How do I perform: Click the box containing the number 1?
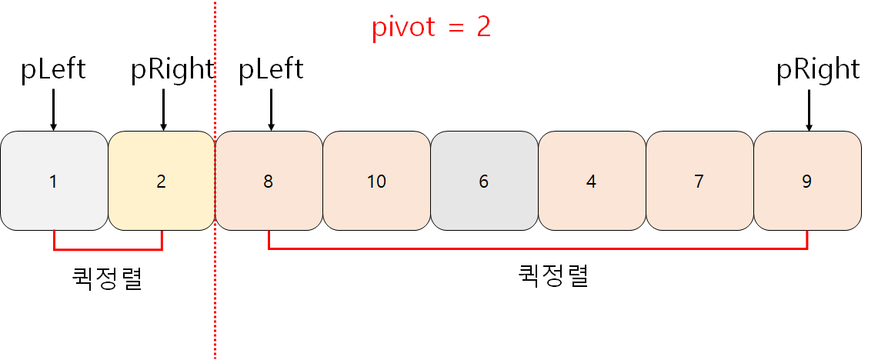tap(53, 182)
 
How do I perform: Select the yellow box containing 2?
tap(161, 182)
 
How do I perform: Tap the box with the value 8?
tap(269, 182)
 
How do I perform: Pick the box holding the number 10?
tap(376, 182)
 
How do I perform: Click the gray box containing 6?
tap(484, 182)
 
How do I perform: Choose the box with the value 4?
tap(591, 182)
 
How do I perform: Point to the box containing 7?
tap(699, 182)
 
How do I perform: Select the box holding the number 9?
tap(806, 182)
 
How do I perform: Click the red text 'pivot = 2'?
tap(431, 28)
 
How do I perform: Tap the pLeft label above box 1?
tap(53, 70)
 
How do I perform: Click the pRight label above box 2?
tap(172, 70)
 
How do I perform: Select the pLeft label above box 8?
tap(271, 70)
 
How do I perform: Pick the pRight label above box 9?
tap(817, 70)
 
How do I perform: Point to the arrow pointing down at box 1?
tap(53, 109)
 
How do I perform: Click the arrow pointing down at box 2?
tap(163, 109)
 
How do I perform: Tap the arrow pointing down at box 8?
tap(271, 109)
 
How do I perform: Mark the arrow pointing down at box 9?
tap(809, 109)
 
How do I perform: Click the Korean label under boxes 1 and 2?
tap(108, 278)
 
